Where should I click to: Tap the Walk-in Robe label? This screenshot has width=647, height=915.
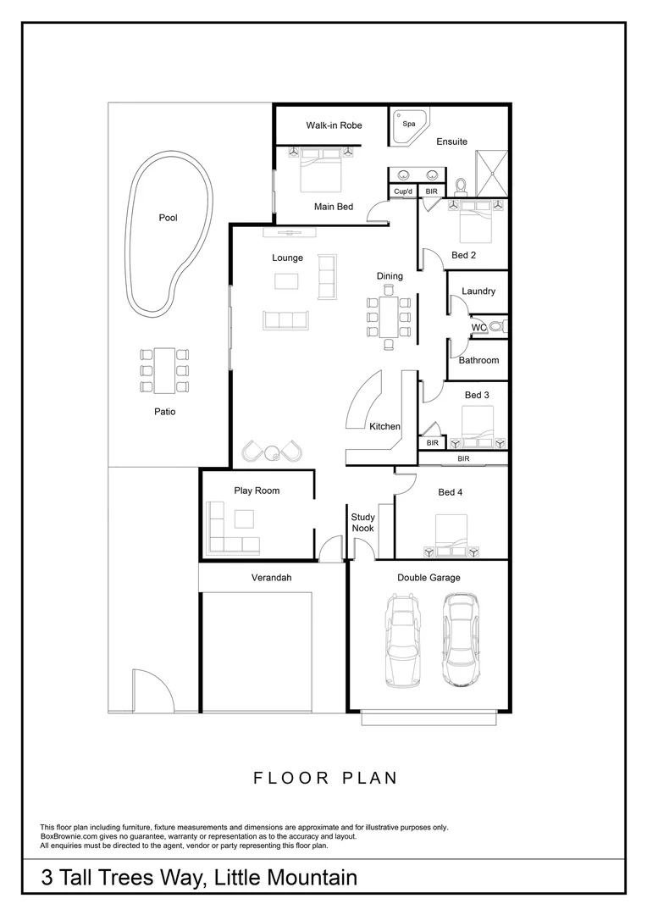tap(334, 125)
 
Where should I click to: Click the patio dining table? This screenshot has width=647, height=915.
tap(164, 370)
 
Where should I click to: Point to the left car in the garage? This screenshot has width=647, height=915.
tap(403, 639)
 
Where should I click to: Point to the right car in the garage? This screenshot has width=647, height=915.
tap(459, 639)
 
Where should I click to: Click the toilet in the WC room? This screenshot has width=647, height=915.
tap(498, 327)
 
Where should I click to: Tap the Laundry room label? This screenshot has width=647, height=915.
tap(478, 291)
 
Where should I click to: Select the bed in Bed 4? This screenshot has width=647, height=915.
tap(452, 538)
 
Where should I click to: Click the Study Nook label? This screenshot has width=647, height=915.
tap(362, 523)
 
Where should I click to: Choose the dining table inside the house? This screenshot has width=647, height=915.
tap(389, 317)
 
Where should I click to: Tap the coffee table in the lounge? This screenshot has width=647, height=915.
tap(286, 281)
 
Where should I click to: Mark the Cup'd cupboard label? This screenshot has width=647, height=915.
tap(403, 192)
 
